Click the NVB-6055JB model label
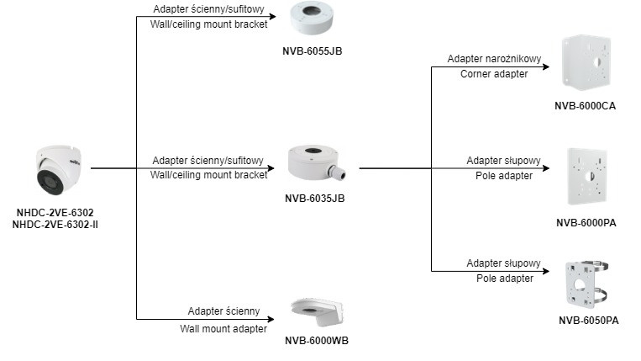[312, 51]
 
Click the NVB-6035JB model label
[315, 199]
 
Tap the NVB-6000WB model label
[317, 340]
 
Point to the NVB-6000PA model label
[586, 222]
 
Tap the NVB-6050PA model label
[589, 321]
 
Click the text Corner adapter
[493, 74]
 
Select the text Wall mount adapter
[223, 326]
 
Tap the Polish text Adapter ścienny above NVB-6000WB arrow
[223, 310]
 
